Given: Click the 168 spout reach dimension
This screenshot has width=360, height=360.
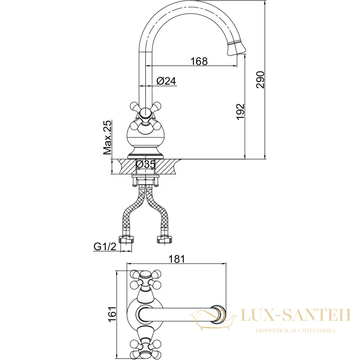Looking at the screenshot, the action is (x=199, y=61).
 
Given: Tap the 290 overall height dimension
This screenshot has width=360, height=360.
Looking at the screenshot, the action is (x=261, y=80).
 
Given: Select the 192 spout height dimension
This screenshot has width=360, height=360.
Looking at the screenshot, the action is (x=240, y=112).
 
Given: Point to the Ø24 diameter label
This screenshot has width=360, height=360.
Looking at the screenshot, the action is (x=166, y=81).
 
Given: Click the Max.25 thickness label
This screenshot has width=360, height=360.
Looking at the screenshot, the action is (x=107, y=137).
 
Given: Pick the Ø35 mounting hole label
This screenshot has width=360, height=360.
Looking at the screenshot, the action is (x=146, y=164).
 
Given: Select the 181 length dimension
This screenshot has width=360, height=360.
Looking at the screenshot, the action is (x=176, y=259).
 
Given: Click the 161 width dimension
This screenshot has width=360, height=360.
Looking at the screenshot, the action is (x=112, y=314).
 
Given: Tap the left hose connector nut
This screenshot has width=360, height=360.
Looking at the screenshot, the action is (x=126, y=240).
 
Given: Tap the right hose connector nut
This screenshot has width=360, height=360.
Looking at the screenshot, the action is (x=164, y=240).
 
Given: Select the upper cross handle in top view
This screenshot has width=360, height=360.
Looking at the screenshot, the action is (x=145, y=279).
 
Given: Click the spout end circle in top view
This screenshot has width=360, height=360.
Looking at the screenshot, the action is (x=218, y=314).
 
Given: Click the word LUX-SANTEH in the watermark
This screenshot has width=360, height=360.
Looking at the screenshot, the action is (x=296, y=315).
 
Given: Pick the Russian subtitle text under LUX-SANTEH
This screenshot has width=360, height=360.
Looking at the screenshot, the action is (x=296, y=331).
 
